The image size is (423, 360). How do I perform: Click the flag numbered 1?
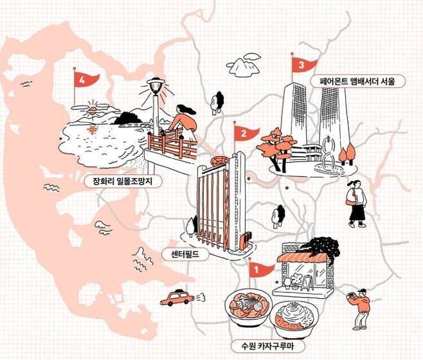tap(259, 270)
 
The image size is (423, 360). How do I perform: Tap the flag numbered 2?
tap(245, 134)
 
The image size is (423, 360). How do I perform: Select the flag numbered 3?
tap(303, 65)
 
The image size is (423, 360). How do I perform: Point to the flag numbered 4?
tap(84, 80)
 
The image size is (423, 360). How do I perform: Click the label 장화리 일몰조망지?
tap(123, 181)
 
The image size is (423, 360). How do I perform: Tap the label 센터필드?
tap(185, 254)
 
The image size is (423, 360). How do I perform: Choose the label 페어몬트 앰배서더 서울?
tap(357, 82)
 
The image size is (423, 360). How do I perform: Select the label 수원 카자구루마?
tap(267, 346)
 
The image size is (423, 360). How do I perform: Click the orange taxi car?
tap(177, 298)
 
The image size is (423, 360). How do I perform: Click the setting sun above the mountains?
tap(93, 111)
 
